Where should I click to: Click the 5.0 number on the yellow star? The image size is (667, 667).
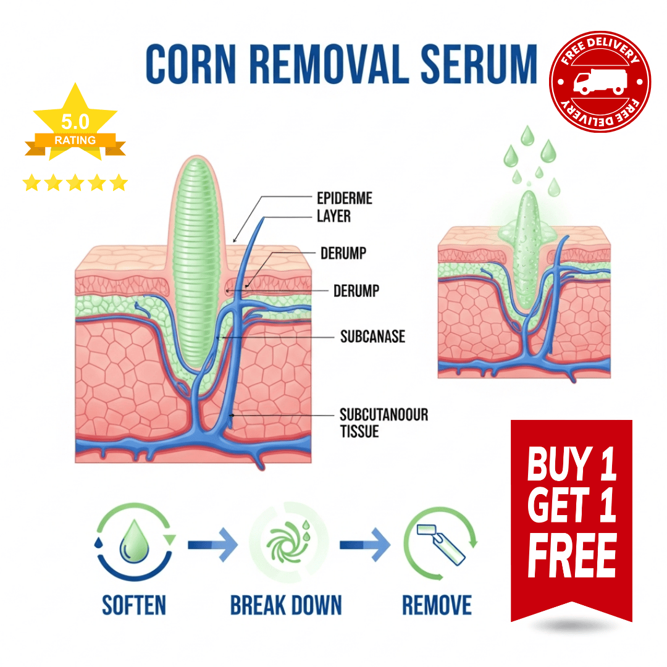[75, 121]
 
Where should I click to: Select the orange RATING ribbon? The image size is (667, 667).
[75, 140]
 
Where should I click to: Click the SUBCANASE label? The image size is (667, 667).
[372, 337]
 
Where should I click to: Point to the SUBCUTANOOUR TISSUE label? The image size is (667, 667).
[383, 422]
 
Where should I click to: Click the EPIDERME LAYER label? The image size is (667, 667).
[344, 207]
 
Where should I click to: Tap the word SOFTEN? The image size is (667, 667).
[134, 605]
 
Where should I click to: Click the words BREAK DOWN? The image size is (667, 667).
[285, 605]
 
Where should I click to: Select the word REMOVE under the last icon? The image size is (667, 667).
[437, 605]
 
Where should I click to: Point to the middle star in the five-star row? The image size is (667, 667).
[75, 183]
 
